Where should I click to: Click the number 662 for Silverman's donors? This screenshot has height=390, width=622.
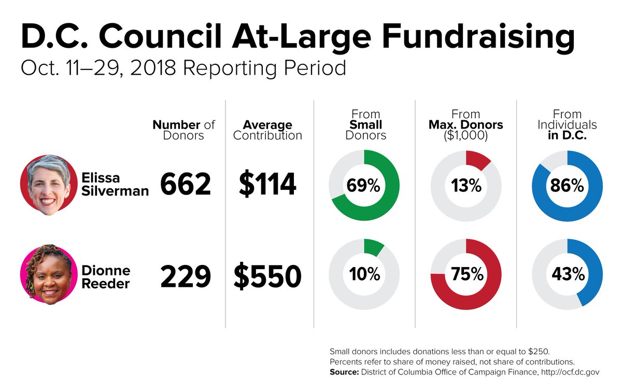[186, 185]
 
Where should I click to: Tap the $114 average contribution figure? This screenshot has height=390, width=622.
[267, 185]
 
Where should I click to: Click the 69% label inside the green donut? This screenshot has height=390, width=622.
[364, 186]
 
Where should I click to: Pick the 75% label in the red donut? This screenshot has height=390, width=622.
[466, 274]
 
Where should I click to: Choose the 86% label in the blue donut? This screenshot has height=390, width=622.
[568, 186]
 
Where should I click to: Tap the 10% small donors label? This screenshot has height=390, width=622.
[364, 274]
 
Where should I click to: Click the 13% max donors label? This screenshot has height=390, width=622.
[466, 186]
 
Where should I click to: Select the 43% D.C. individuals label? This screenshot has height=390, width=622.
[568, 274]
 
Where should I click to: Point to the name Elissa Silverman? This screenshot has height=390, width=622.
[115, 185]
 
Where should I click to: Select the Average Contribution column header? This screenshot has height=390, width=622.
[267, 130]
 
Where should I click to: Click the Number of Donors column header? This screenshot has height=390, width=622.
[183, 130]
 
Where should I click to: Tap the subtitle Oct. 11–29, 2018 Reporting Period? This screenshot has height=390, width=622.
[183, 68]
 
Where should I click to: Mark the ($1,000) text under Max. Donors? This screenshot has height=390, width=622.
[466, 136]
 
